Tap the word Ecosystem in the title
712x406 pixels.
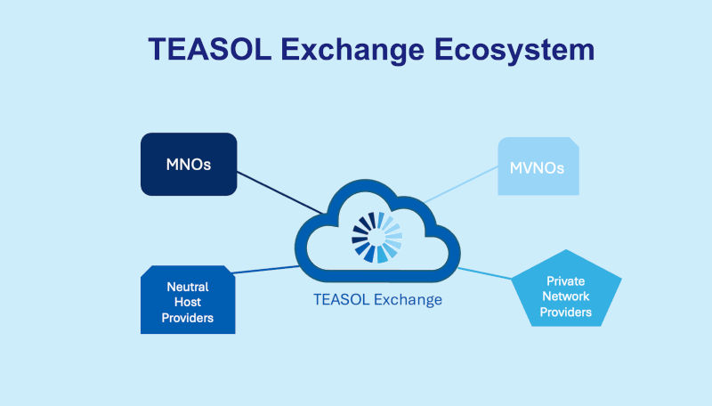coord(515,49)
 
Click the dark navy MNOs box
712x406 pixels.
coord(189,164)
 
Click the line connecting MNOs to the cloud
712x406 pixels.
coord(280,192)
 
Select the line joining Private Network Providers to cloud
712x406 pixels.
coord(485,272)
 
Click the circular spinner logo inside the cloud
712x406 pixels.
coord(377,238)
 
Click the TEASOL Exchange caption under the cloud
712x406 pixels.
coord(377,299)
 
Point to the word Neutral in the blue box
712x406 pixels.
coord(188,288)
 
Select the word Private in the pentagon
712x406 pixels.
coord(565,280)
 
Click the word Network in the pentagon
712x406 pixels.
coord(567,296)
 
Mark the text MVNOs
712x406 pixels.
coord(538,166)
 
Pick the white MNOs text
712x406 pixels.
coord(189,164)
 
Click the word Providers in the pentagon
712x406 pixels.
coord(567,313)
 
